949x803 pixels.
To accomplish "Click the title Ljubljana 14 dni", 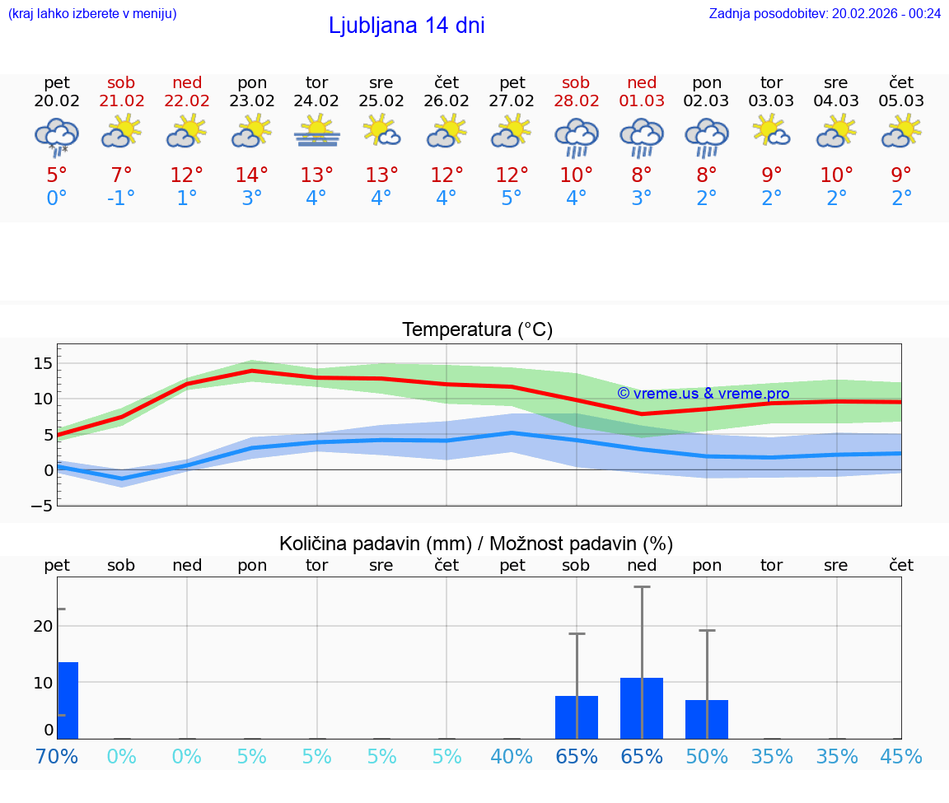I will click(x=406, y=26).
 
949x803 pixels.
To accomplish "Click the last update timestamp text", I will click(x=825, y=13).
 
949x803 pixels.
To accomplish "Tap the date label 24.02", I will click(x=316, y=101).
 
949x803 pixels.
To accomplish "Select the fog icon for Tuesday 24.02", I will click(x=316, y=132).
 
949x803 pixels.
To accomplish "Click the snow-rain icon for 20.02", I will click(x=57, y=136).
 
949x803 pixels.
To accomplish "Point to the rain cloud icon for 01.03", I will click(x=642, y=136).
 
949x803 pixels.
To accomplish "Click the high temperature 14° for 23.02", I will click(x=251, y=175).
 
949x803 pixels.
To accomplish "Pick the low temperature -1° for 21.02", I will click(x=121, y=198).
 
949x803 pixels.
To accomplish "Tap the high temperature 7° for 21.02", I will click(x=121, y=175).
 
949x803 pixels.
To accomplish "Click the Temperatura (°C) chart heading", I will click(x=477, y=330).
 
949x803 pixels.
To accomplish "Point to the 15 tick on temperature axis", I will click(x=43, y=363).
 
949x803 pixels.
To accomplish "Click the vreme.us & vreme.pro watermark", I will click(x=703, y=394).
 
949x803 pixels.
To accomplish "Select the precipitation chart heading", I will click(x=476, y=544).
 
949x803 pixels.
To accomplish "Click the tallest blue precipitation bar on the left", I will click(x=68, y=700).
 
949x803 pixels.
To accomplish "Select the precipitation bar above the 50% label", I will click(x=707, y=719).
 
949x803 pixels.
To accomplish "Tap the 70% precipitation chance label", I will click(x=57, y=756).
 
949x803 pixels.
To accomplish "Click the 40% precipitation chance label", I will click(x=512, y=756).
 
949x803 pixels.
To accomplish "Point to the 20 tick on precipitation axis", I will click(x=43, y=626).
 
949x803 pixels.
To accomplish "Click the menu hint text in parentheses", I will click(x=92, y=13).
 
